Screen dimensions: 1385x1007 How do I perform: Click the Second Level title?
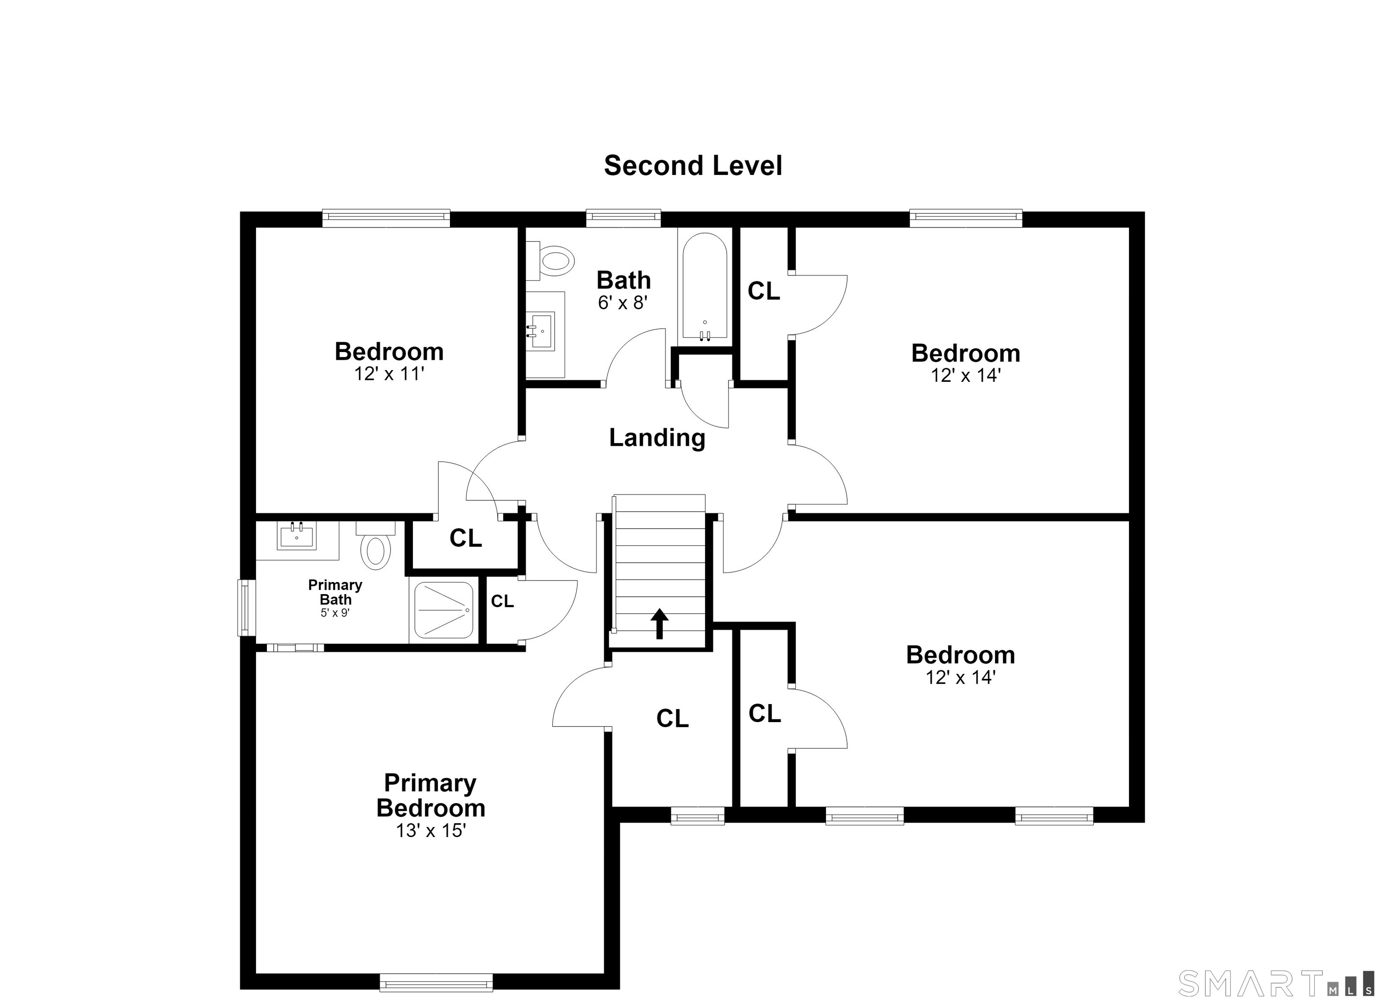tap(692, 165)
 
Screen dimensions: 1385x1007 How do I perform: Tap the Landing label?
tap(657, 438)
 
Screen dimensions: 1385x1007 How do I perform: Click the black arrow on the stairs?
tap(660, 623)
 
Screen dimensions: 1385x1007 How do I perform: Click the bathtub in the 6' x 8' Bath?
tap(705, 286)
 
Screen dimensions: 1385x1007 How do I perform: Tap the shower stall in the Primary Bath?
tap(444, 610)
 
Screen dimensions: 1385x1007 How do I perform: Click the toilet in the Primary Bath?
tap(376, 545)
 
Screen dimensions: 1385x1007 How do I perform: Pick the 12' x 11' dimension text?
tap(389, 374)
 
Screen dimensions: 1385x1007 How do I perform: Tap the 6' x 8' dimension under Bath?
tap(622, 302)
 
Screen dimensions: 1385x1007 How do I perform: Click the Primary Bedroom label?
tap(431, 795)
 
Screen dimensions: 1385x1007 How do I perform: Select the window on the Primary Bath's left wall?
tap(246, 608)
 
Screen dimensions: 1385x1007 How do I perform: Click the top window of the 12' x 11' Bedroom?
tap(386, 218)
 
